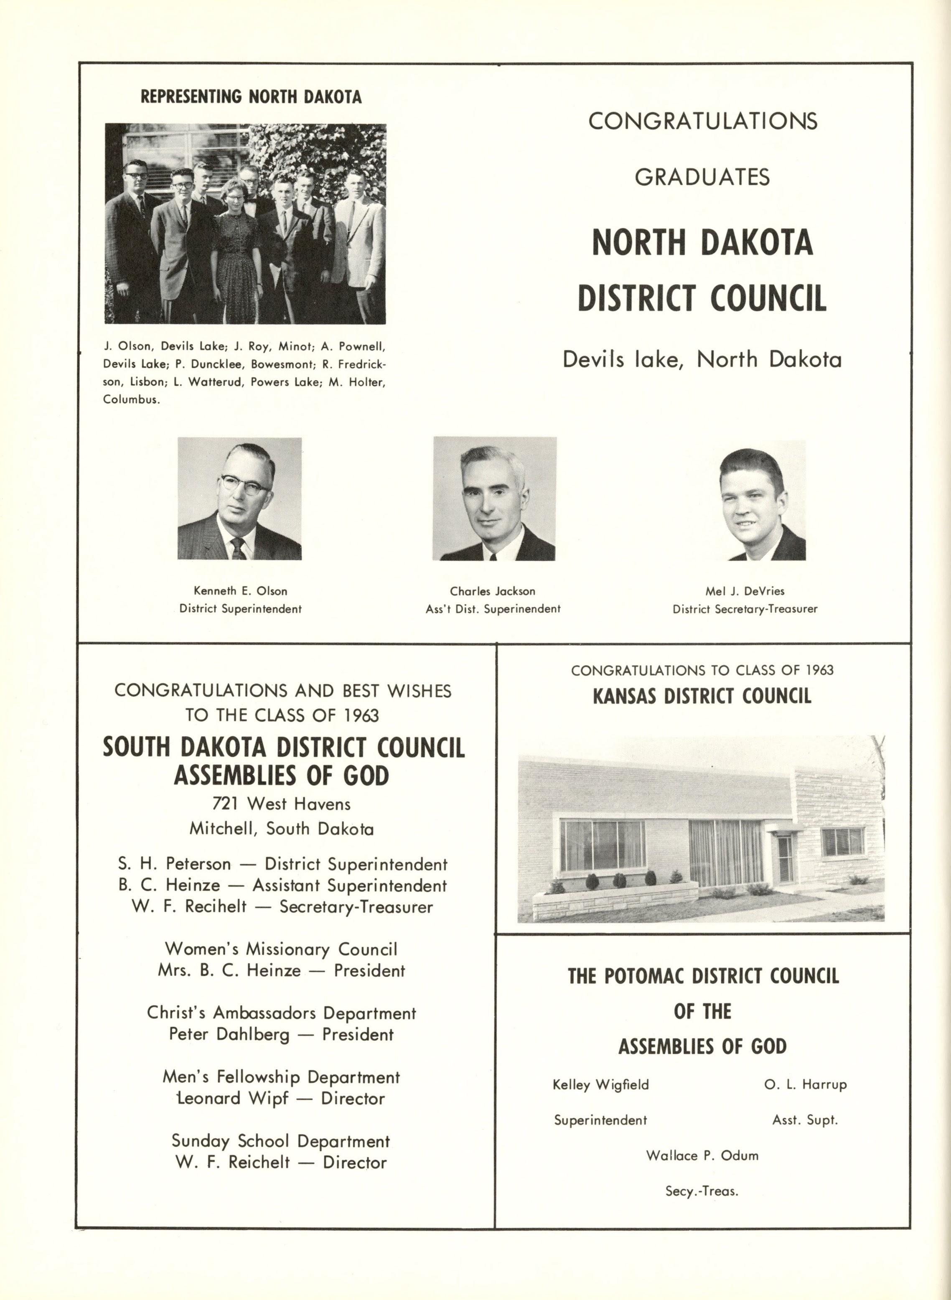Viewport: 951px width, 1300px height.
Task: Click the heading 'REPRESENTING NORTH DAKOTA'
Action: pyautogui.click(x=251, y=96)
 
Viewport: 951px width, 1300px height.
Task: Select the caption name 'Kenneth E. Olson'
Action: pyautogui.click(x=240, y=591)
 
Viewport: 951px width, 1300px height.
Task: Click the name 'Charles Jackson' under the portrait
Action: pyautogui.click(x=492, y=591)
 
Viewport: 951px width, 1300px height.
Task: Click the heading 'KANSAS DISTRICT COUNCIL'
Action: pyautogui.click(x=702, y=696)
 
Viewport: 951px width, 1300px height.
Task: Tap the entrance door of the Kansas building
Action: pyautogui.click(x=785, y=859)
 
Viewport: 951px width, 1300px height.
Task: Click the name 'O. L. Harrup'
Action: pyautogui.click(x=805, y=1084)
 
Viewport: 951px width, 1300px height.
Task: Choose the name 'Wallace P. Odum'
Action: pyautogui.click(x=702, y=1155)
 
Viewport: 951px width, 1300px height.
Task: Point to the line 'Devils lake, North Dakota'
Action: pyautogui.click(x=702, y=360)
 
